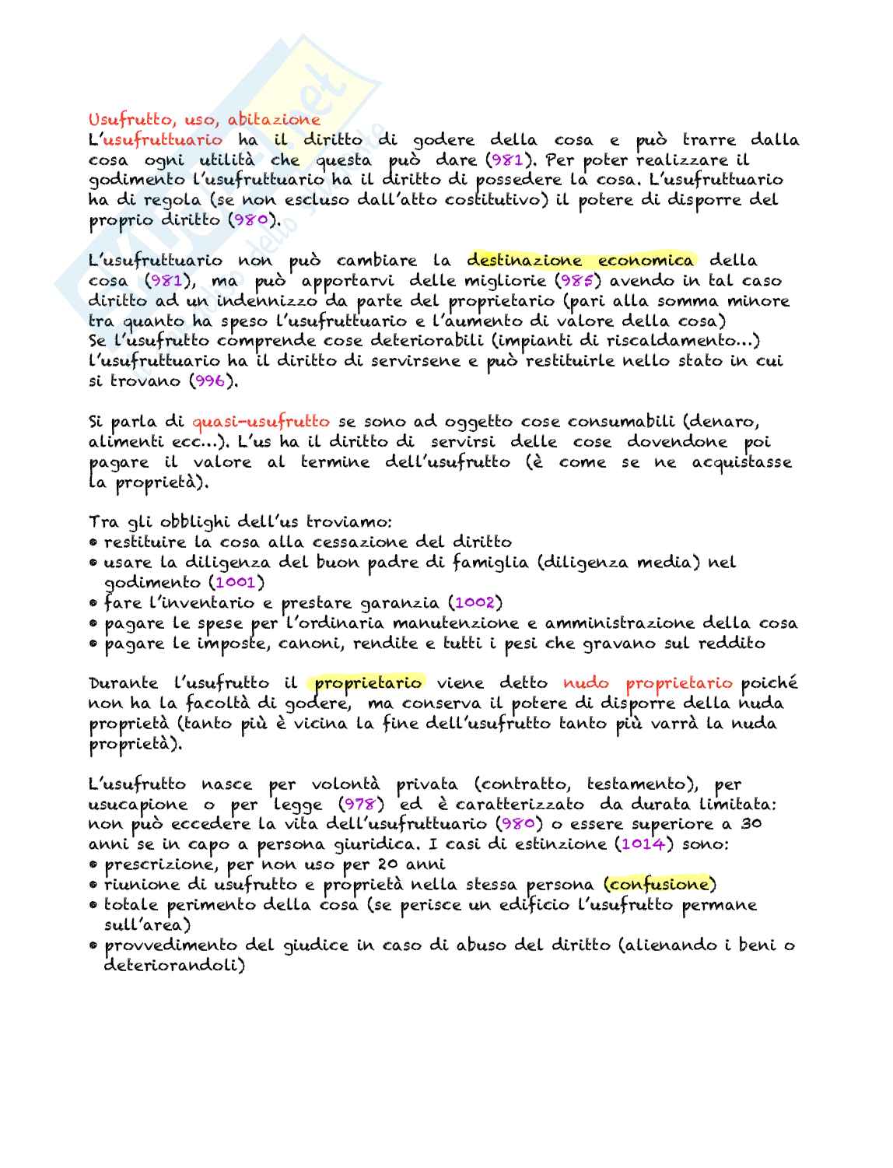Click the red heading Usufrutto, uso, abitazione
pos(204,120)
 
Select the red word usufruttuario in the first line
pos(162,140)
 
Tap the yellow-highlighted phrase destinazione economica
pos(580,261)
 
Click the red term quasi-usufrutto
pos(261,422)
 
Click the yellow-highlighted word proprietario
pos(369,683)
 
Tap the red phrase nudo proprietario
pos(648,683)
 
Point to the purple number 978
pos(359,805)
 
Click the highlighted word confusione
pos(660,885)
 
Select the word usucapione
pos(138,805)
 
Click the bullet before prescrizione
pos(93,865)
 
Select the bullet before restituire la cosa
pos(93,542)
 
